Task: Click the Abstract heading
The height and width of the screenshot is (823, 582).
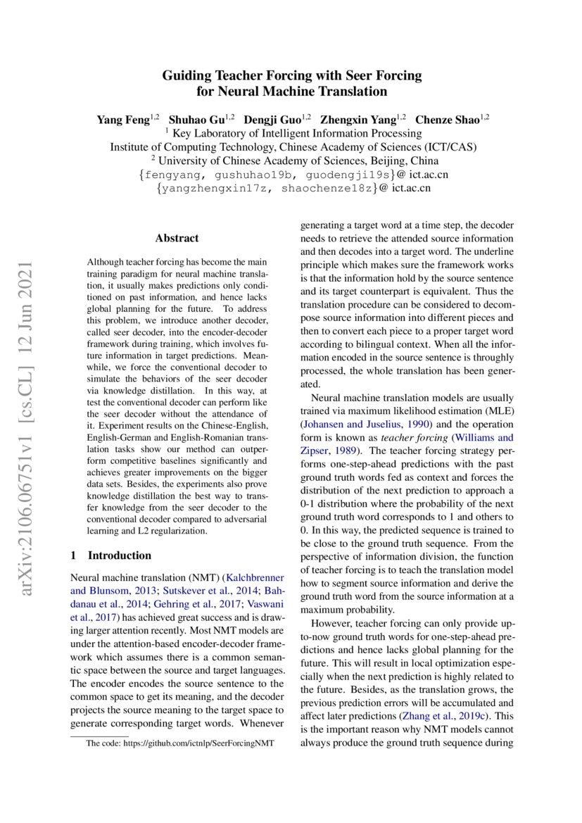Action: pyautogui.click(x=177, y=238)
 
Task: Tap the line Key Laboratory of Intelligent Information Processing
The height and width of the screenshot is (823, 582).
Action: pyautogui.click(x=296, y=133)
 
